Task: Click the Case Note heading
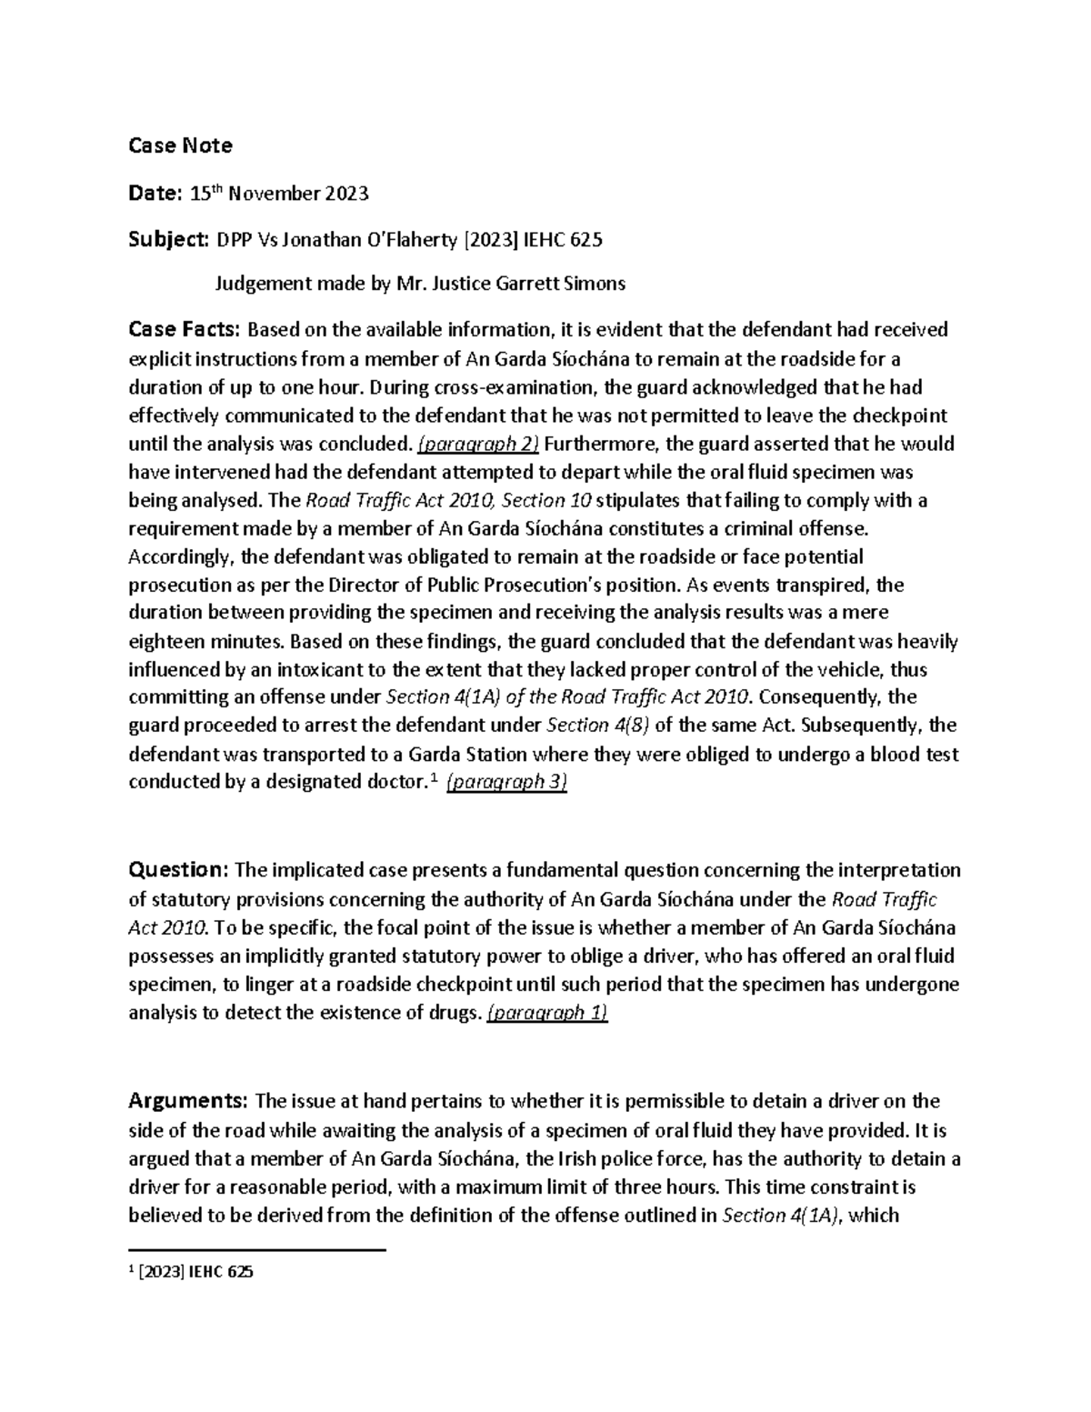(180, 145)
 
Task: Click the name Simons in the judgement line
(596, 283)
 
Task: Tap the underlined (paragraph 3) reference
(506, 783)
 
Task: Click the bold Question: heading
(178, 870)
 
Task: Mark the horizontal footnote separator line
(257, 1250)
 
